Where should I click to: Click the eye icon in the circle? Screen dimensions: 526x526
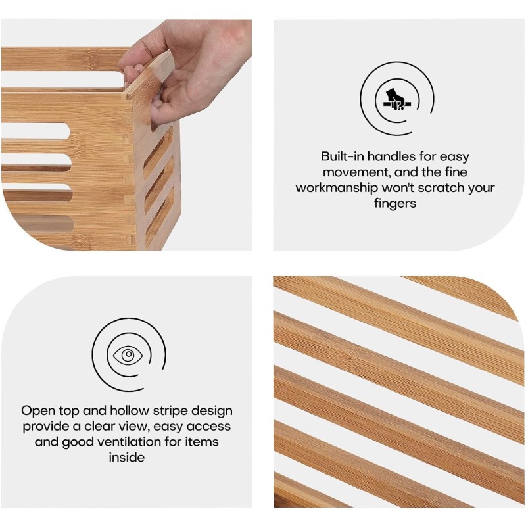tap(128, 355)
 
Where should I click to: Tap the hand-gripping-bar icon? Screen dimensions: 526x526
tap(397, 100)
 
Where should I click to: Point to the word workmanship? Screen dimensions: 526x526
tap(337, 188)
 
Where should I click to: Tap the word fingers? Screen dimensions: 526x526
tap(395, 204)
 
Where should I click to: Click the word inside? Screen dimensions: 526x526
tap(127, 457)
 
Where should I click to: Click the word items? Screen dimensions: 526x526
tap(202, 442)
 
